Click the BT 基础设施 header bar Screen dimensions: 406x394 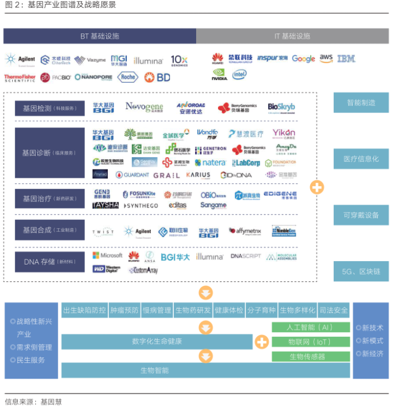tap(99, 36)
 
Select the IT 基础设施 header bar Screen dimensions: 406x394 tap(292, 36)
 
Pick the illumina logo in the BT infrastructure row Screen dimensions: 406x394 tap(148, 60)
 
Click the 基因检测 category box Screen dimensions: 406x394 tap(50, 108)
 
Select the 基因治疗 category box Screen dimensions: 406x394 tap(50, 199)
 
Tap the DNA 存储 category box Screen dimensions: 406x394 tap(50, 261)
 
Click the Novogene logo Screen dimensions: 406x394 tap(144, 107)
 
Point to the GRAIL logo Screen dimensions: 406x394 tap(167, 175)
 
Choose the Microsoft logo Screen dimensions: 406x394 tap(107, 256)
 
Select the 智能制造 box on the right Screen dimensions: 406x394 tap(361, 103)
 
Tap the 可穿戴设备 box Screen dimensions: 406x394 tap(361, 215)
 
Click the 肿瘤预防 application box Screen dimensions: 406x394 tap(124, 310)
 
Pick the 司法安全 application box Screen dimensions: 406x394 tap(334, 310)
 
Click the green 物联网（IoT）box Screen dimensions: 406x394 tap(310, 342)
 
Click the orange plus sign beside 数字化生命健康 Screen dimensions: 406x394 tap(262, 342)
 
